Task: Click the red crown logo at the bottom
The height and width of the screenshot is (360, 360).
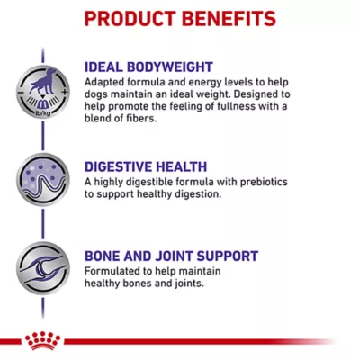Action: coord(40,341)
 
